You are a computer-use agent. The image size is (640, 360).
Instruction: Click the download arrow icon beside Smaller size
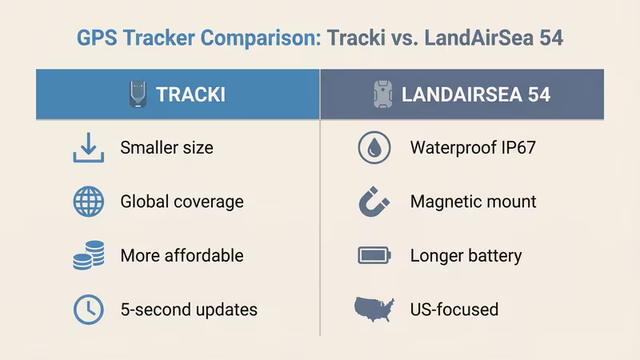point(88,148)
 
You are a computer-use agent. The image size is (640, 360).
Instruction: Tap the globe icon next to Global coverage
point(88,202)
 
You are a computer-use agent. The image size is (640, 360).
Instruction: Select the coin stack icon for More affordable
point(88,256)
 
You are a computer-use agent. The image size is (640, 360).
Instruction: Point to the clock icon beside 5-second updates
point(88,309)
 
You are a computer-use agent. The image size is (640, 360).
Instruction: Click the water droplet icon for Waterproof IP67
point(374,148)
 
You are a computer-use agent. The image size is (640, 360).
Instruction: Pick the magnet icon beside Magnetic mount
point(373,202)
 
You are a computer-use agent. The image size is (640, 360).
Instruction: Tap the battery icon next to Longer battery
point(374,256)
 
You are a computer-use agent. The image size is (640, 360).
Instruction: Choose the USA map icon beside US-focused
point(374,309)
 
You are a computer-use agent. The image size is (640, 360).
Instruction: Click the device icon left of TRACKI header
point(138,94)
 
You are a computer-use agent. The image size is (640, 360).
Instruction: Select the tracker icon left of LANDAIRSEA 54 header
point(382,94)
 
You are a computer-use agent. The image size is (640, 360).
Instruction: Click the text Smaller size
point(166,148)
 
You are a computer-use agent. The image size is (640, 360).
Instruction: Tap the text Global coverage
point(182,202)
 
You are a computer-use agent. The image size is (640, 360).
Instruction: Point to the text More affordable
point(182,256)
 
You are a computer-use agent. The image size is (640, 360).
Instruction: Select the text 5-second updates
point(189,309)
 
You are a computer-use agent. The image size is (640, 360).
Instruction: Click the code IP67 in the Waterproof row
point(518,148)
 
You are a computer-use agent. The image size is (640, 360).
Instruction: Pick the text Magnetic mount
point(473,202)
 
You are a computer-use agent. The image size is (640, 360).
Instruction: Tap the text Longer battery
point(466,256)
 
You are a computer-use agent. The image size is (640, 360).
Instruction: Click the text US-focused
point(454,309)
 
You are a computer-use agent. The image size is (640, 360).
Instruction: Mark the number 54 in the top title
point(551,38)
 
